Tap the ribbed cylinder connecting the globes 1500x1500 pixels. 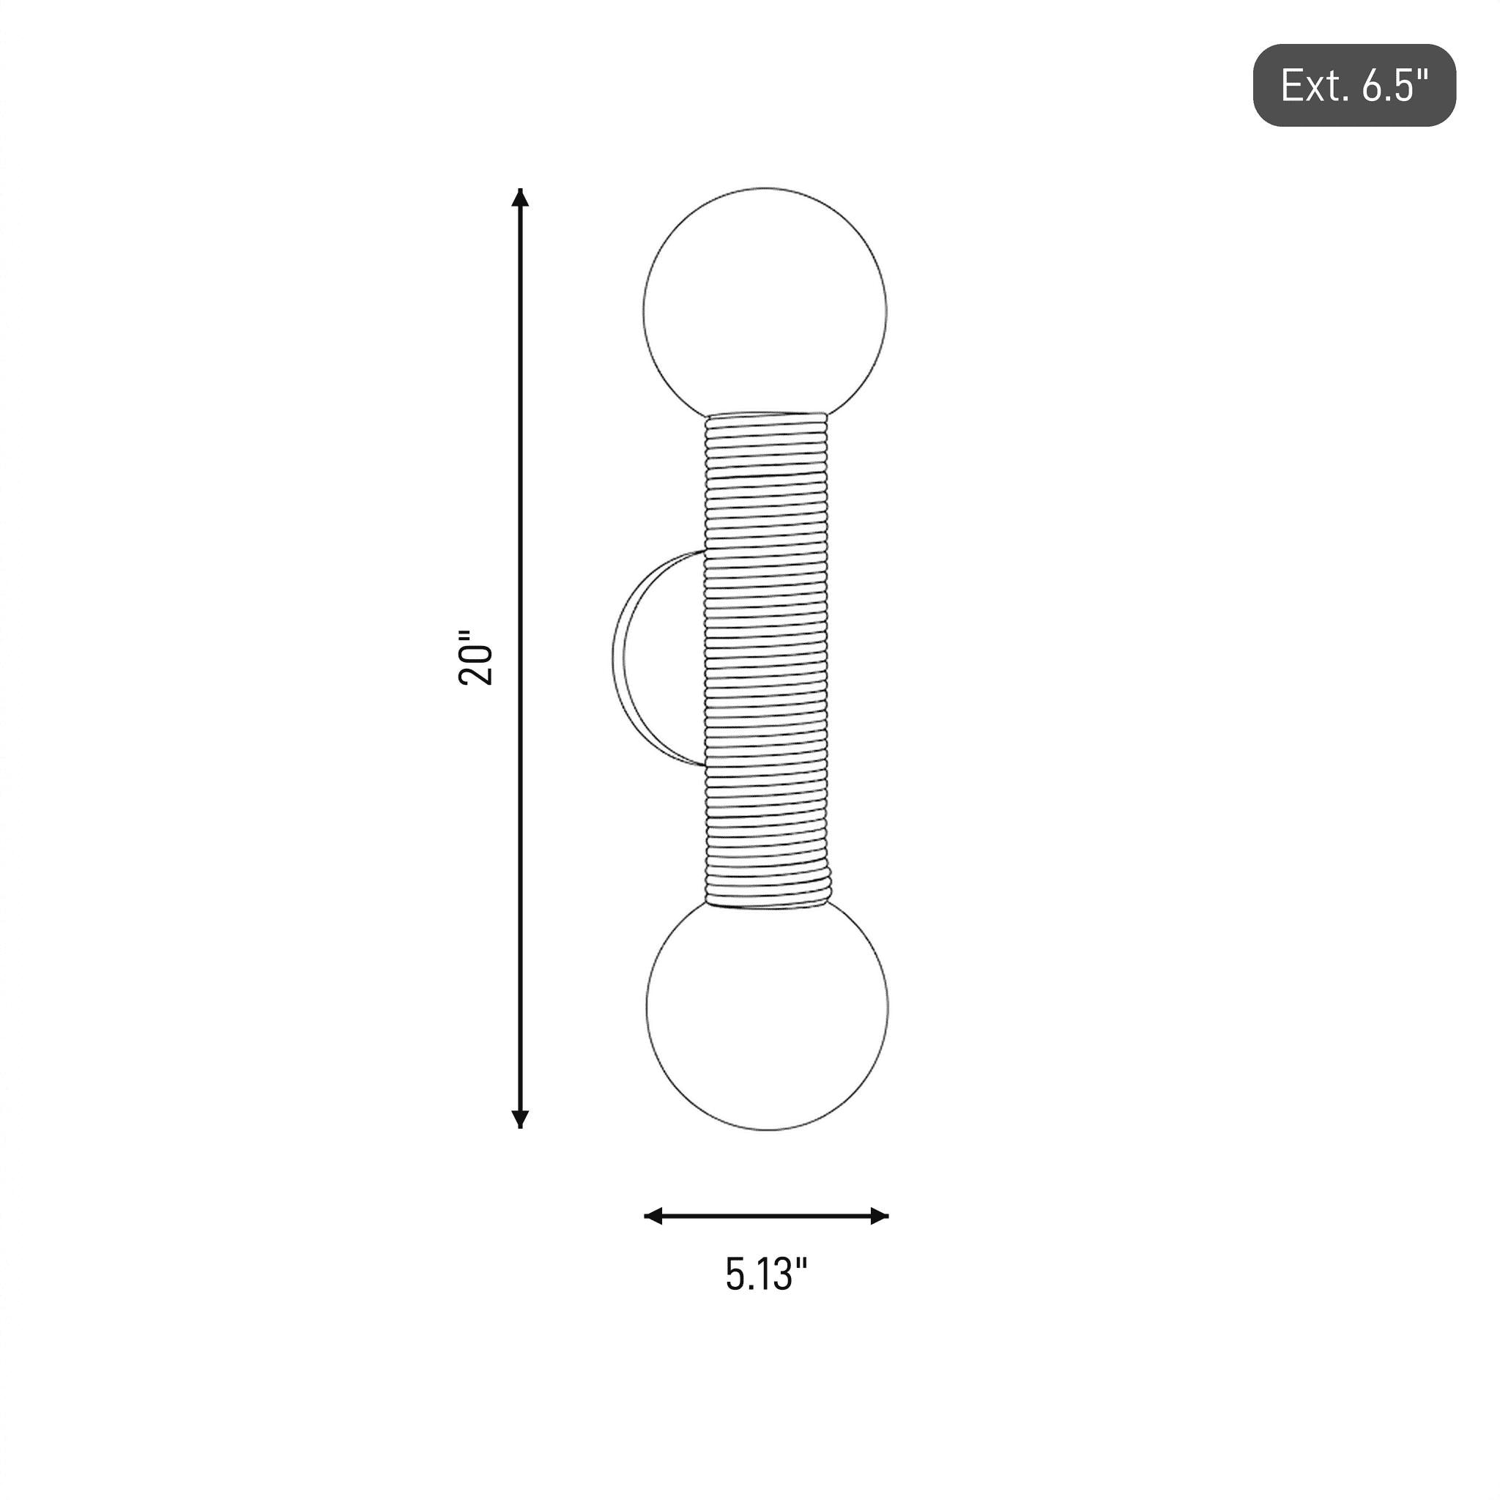pos(767,660)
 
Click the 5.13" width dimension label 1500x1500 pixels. pos(766,1274)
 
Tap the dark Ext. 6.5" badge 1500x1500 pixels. pos(1355,86)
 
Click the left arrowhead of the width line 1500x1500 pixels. pos(654,1217)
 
